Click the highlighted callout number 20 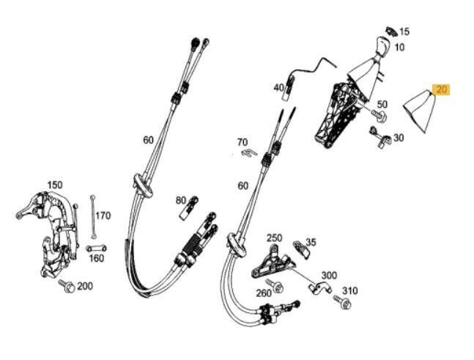[441, 90]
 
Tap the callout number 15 [405, 32]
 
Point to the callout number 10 [399, 47]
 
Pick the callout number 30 [399, 137]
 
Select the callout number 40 [279, 88]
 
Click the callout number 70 [242, 142]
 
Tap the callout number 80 [181, 200]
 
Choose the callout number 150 [55, 185]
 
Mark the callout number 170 [103, 216]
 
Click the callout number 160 [97, 258]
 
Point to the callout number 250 [274, 238]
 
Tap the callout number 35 [311, 242]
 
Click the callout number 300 [329, 276]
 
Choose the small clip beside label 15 [388, 31]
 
